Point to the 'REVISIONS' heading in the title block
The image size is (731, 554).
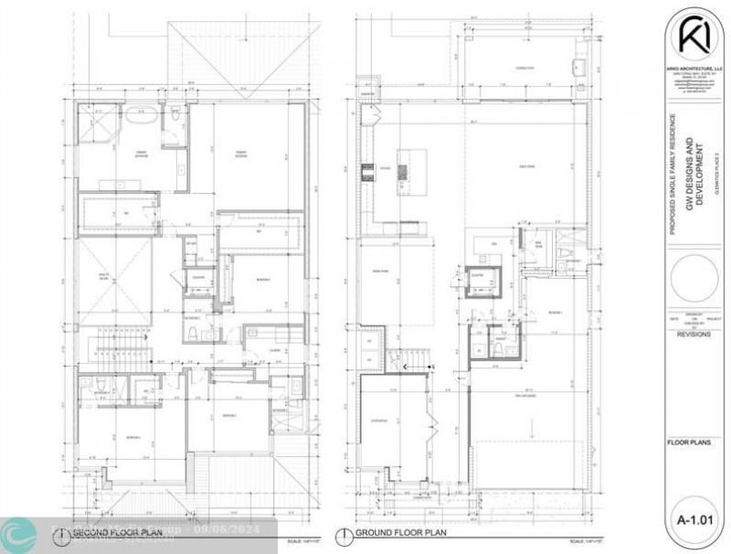[691, 335]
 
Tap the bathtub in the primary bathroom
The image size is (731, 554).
[142, 118]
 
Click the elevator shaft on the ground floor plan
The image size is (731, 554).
[482, 281]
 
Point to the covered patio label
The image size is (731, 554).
[523, 69]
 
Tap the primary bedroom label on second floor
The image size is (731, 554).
[241, 155]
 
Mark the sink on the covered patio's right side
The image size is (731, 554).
[578, 68]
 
